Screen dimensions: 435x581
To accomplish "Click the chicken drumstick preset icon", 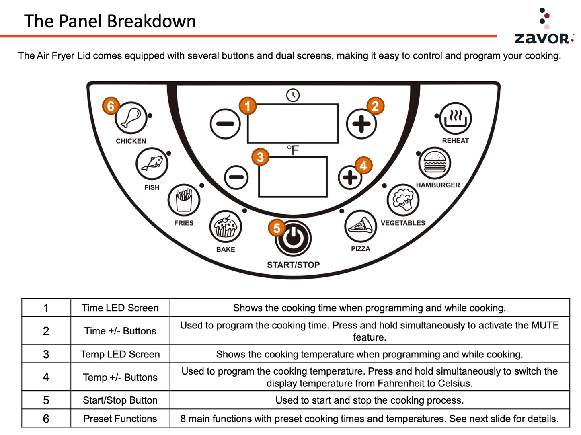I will (x=131, y=117).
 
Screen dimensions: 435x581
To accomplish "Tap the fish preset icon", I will (x=152, y=164).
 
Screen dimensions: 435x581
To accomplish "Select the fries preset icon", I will (x=184, y=200).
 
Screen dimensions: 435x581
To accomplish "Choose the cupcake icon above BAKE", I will (x=226, y=226).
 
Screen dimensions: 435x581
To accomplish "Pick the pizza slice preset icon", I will (x=361, y=226).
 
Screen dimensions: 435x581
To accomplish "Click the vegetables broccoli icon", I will (x=403, y=200).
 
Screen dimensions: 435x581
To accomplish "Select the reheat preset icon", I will (x=455, y=118).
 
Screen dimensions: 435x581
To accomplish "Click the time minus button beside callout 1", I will (x=225, y=124).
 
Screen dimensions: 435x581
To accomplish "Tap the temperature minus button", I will (x=236, y=177).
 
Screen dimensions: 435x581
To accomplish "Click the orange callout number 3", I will (x=260, y=157).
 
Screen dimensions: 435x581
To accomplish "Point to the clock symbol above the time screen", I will (x=293, y=95).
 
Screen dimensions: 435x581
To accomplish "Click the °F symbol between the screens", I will (x=293, y=150).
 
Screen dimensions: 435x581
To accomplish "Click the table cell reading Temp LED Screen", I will (x=120, y=354).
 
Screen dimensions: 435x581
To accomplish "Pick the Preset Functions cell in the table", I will (x=120, y=419).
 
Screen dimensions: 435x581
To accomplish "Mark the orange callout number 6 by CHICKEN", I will (x=111, y=106).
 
